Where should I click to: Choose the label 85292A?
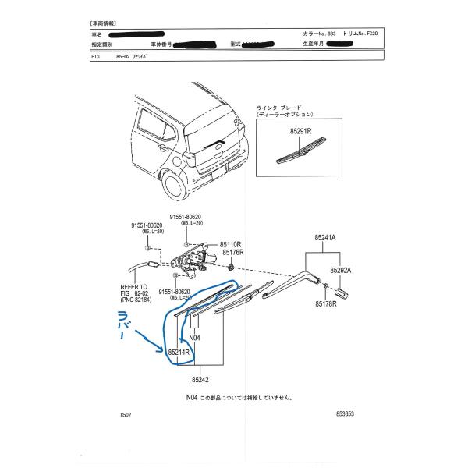pyautogui.click(x=342, y=270)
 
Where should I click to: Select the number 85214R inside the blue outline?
pyautogui.click(x=179, y=352)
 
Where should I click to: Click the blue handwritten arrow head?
pyautogui.click(x=159, y=346)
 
